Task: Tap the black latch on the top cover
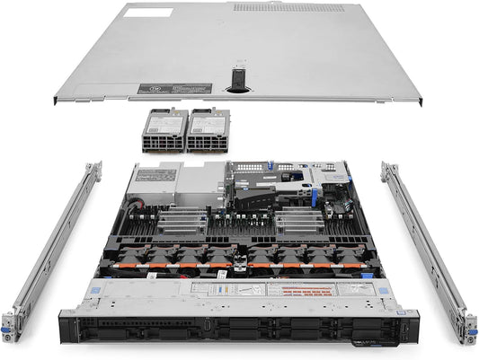click(238, 79)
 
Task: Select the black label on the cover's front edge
click(176, 90)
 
